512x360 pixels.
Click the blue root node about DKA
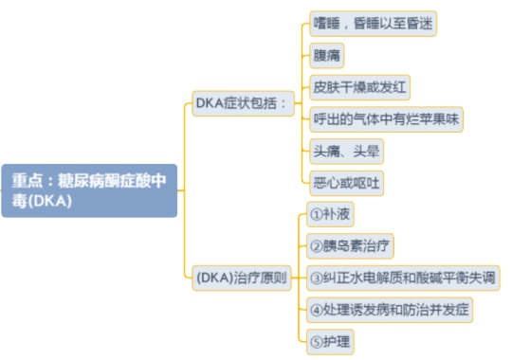tap(89, 190)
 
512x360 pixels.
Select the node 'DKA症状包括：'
tap(241, 101)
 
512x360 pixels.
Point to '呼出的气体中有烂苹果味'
tap(386, 119)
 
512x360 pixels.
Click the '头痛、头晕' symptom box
tap(347, 151)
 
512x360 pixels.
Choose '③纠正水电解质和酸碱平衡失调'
tap(402, 278)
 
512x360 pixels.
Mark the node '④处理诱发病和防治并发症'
tap(390, 309)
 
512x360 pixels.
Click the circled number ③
tap(317, 278)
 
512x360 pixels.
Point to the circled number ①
tap(317, 214)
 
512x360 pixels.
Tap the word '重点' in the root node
tap(26, 181)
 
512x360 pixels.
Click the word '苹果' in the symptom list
tap(434, 119)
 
